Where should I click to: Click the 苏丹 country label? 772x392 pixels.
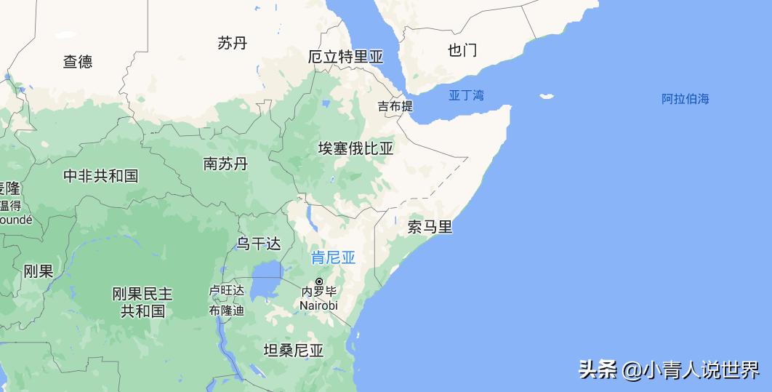233,44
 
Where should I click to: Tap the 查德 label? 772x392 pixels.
78,62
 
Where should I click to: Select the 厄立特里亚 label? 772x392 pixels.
345,57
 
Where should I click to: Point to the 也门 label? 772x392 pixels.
462,50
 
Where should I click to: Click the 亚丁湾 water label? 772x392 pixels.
466,95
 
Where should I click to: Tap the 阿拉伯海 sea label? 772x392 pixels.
685,99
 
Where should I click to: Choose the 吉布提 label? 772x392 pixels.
395,106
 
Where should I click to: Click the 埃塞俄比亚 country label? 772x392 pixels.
355,149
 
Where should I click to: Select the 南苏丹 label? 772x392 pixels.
225,164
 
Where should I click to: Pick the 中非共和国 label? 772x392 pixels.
100,176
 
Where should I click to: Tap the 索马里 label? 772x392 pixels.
430,227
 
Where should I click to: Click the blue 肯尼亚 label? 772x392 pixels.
333,257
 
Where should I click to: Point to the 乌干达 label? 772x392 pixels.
258,244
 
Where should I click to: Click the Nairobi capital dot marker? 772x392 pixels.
318,281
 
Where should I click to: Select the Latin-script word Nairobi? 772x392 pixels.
318,305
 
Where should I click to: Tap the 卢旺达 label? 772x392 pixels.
227,290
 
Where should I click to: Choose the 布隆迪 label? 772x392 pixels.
227,311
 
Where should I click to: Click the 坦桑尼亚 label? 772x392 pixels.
293,351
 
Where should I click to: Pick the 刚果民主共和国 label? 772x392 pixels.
142,303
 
